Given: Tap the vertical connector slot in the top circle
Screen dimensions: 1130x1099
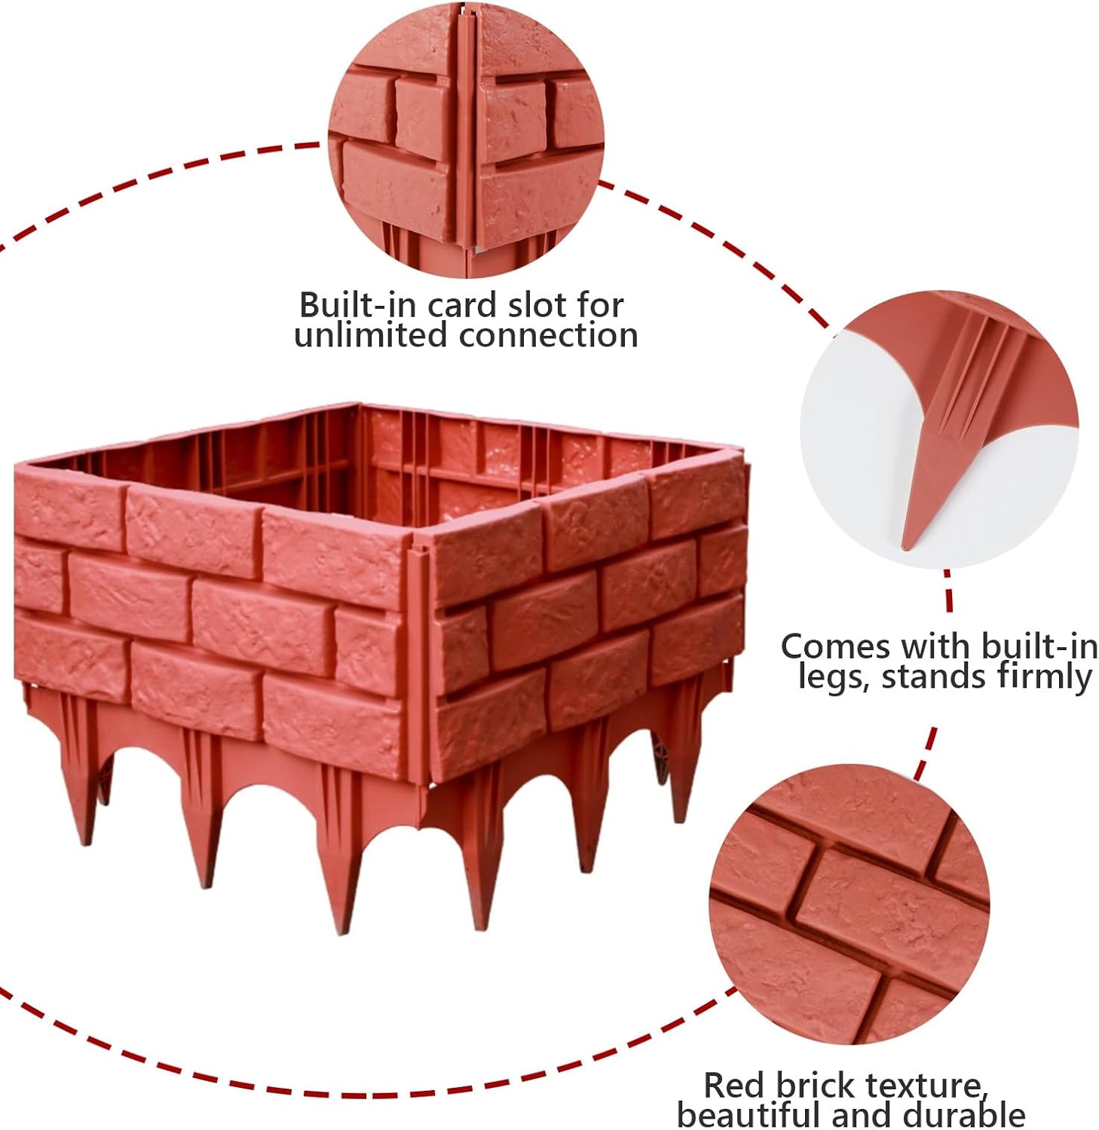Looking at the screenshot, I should [465, 136].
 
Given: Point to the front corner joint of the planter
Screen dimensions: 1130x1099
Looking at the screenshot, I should [416, 648].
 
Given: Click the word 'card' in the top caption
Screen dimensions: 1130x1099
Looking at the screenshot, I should [463, 305].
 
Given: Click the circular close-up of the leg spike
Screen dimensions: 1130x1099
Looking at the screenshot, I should [938, 429].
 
